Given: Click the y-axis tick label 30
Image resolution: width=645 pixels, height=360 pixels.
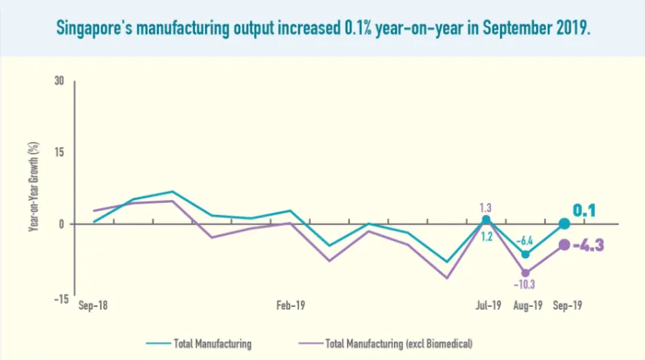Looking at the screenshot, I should point(59,81).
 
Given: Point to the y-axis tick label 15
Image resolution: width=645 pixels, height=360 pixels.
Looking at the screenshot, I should point(59,152).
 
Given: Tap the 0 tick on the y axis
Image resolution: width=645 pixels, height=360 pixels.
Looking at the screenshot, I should point(62,224).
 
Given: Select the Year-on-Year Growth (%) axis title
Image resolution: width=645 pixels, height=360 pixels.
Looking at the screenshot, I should point(33,186).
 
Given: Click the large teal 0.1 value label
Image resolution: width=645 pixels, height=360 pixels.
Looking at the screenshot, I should point(585,211).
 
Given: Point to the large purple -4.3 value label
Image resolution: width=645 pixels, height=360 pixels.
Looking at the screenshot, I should point(588,245).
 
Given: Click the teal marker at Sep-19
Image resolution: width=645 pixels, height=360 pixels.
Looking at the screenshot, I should point(564,224).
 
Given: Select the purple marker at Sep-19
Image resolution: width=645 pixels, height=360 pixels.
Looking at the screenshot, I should point(564,245).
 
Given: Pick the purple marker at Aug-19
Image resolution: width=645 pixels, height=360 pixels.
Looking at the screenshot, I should point(526,273).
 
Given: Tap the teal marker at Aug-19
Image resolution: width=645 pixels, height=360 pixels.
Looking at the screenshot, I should point(526,254).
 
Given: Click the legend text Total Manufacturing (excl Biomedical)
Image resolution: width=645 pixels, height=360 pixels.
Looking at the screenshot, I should point(399,344).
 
